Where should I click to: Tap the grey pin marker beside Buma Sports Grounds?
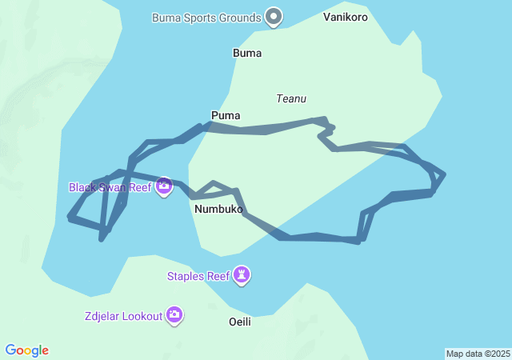[x=274, y=16]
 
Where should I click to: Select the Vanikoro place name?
[x=346, y=16]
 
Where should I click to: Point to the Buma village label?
[x=247, y=53]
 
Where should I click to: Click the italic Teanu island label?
[x=291, y=98]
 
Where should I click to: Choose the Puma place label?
[x=226, y=115]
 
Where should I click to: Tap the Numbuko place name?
[x=218, y=209]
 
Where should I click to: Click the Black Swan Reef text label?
[x=110, y=187]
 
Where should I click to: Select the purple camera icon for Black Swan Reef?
[x=164, y=186]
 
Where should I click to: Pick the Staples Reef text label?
[x=198, y=277]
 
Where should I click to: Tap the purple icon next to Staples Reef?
[x=242, y=276]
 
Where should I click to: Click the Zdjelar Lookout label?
[x=122, y=316]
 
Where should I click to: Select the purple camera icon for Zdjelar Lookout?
[x=174, y=315]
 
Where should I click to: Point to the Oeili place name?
[x=239, y=322]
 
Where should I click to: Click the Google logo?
[x=27, y=350]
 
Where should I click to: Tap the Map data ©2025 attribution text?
[x=478, y=354]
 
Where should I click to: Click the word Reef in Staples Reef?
[x=218, y=277]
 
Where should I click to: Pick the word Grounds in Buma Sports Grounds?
[x=239, y=17]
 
